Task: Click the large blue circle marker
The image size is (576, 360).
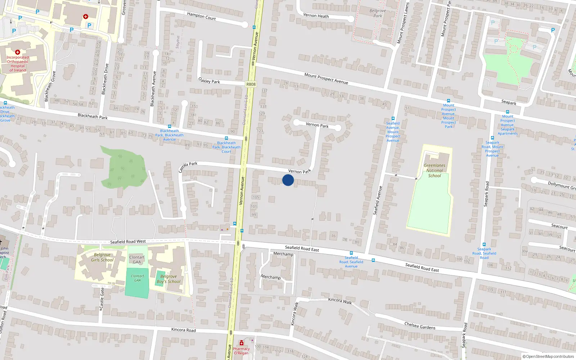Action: pyautogui.click(x=288, y=180)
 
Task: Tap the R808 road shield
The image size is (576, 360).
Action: pyautogui.click(x=251, y=84)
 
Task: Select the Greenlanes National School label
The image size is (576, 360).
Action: pyautogui.click(x=435, y=171)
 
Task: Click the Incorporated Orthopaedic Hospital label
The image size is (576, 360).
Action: pyautogui.click(x=18, y=64)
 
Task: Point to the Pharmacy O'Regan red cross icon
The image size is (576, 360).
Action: pyautogui.click(x=241, y=343)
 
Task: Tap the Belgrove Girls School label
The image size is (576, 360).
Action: pyautogui.click(x=102, y=257)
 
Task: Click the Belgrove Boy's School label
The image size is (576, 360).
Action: pyautogui.click(x=168, y=279)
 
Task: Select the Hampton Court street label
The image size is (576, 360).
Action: pyautogui.click(x=201, y=16)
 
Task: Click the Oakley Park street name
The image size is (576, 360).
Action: pyautogui.click(x=209, y=81)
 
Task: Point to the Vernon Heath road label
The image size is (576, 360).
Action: pyautogui.click(x=316, y=15)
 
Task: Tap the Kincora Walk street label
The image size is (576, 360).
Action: pyautogui.click(x=340, y=301)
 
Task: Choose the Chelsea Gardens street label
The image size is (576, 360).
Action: pyautogui.click(x=420, y=326)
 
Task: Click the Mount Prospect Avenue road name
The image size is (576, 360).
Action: pyautogui.click(x=326, y=78)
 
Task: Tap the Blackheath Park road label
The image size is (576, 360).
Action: pyautogui.click(x=93, y=116)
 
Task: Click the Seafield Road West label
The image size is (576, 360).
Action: pyautogui.click(x=128, y=242)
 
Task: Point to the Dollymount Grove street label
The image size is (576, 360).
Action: pyautogui.click(x=562, y=185)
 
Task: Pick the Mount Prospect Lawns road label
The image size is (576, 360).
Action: pyautogui.click(x=403, y=23)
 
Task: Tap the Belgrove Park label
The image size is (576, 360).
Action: pyautogui.click(x=378, y=13)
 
